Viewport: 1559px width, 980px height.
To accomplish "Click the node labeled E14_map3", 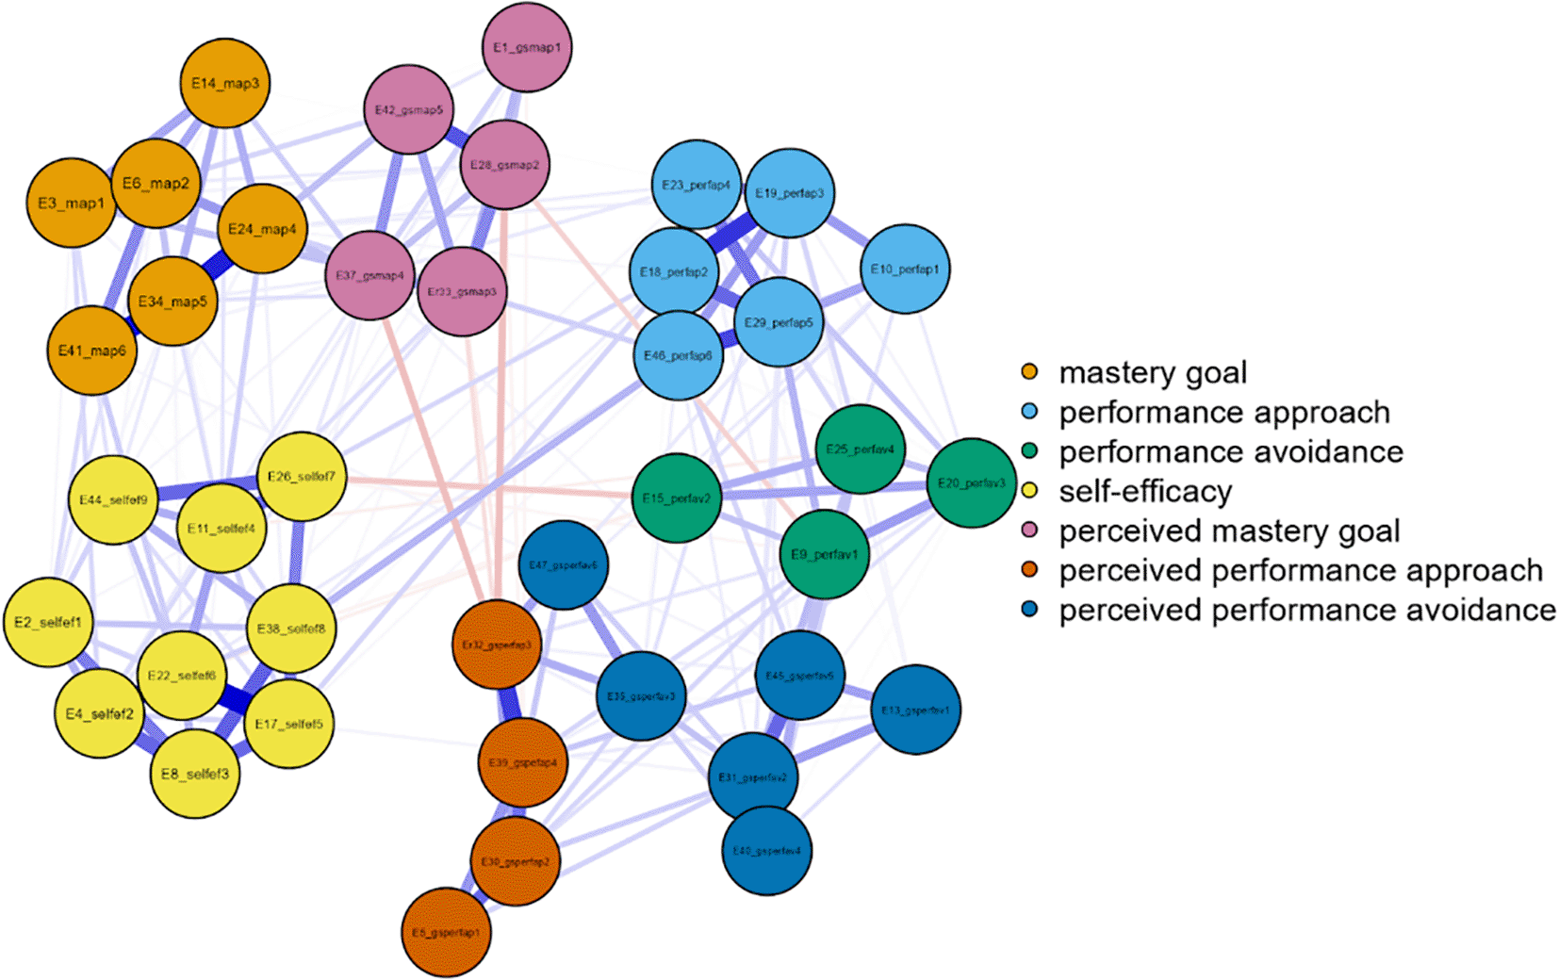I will (x=225, y=83).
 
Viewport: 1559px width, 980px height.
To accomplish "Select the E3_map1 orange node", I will (x=72, y=203).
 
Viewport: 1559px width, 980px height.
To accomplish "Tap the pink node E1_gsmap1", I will (x=527, y=47).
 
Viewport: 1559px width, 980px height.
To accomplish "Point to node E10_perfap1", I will (x=905, y=269).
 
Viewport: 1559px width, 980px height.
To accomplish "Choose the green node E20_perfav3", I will (x=972, y=482).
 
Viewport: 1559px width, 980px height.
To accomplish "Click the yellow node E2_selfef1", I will (x=48, y=622).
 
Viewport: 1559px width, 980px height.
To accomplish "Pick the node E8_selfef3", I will (x=195, y=774).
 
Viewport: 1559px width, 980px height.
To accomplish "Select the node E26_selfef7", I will (x=302, y=476).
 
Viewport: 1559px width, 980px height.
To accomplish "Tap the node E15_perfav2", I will (x=677, y=498).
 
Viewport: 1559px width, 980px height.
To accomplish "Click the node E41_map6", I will (x=92, y=351).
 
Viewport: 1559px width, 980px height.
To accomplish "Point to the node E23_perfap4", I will (x=697, y=185).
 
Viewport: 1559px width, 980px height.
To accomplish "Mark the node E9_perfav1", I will (x=825, y=554).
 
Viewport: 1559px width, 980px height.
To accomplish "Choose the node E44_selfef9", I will (x=113, y=499).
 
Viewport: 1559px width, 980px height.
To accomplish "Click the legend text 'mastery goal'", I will (x=1153, y=373).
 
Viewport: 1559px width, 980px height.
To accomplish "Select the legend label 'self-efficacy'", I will (x=1145, y=492).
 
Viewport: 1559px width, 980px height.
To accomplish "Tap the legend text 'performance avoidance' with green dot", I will (x=1231, y=452).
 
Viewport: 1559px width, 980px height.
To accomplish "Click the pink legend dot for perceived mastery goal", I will (x=1029, y=531).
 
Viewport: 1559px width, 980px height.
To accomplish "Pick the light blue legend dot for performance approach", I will (x=1029, y=412).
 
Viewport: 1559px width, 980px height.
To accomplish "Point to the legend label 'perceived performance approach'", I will (x=1301, y=571).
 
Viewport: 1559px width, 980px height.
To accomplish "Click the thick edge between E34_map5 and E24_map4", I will (x=217, y=266).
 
